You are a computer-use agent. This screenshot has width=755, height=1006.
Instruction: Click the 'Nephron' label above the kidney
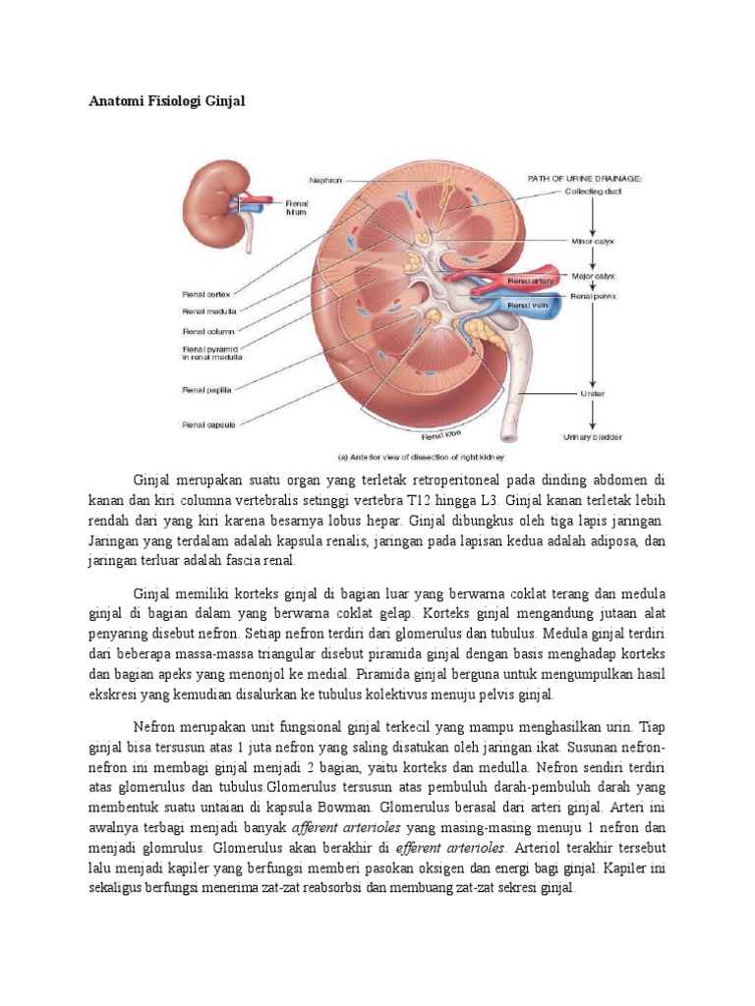[324, 180]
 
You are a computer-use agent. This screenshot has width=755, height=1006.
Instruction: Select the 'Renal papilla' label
[206, 390]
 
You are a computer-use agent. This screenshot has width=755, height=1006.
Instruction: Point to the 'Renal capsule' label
[206, 424]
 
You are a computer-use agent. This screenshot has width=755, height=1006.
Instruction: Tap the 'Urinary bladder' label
[592, 437]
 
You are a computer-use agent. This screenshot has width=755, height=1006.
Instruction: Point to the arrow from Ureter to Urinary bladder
[592, 416]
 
